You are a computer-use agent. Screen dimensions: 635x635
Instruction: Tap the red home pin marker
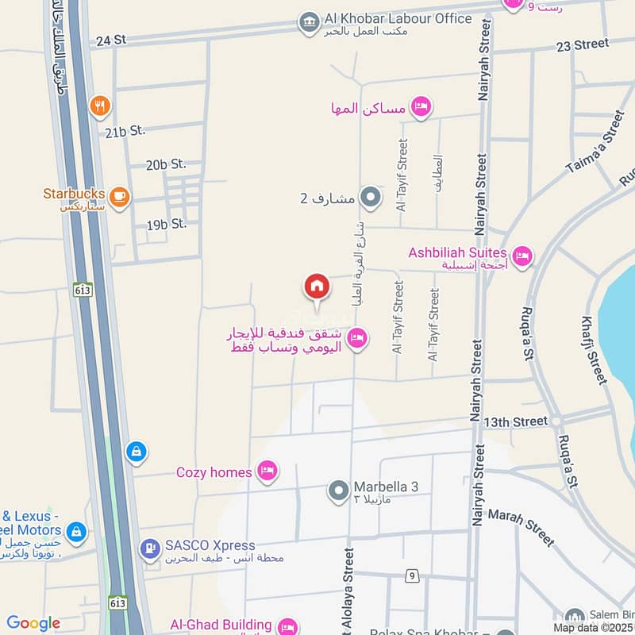click(x=317, y=287)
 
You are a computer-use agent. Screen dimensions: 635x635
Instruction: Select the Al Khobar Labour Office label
click(x=398, y=18)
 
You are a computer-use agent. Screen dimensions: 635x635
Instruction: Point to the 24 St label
click(x=110, y=40)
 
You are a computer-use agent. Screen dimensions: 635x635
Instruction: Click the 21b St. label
click(x=124, y=131)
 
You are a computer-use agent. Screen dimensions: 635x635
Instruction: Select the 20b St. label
click(x=165, y=164)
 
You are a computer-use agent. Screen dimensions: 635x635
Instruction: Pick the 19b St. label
click(x=166, y=225)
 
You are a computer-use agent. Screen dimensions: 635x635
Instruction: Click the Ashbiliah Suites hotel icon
click(x=521, y=256)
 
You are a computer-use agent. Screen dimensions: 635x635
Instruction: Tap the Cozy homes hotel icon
click(x=267, y=472)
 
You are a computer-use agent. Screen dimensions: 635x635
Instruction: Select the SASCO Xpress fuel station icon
click(x=149, y=547)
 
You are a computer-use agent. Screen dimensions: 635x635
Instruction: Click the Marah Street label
click(x=521, y=527)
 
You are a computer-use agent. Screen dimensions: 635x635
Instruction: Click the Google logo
click(x=33, y=623)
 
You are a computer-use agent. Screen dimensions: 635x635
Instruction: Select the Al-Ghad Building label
click(x=221, y=625)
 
